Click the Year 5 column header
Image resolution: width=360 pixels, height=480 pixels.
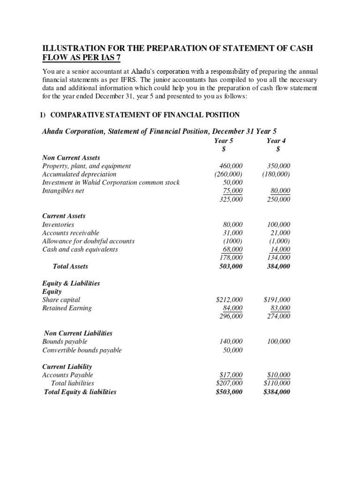[x=224, y=141]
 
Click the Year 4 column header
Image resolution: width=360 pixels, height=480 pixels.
[x=277, y=141]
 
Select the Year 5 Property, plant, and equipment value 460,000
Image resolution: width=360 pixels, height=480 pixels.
[x=231, y=166]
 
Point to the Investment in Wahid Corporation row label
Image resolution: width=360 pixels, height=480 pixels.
[x=111, y=182]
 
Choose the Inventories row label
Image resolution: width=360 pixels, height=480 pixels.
[x=58, y=225]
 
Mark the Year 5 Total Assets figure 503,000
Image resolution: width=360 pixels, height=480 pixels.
[x=231, y=266]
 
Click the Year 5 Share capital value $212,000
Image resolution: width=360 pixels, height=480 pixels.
[x=229, y=300]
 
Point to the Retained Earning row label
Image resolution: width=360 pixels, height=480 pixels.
[x=67, y=308]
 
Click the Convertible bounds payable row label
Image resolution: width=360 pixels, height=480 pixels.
[x=82, y=350]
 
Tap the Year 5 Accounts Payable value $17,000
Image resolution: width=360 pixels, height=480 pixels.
[x=231, y=375]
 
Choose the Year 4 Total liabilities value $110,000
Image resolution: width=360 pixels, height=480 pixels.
[x=277, y=383]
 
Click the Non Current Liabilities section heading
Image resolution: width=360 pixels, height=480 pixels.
[x=78, y=333]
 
